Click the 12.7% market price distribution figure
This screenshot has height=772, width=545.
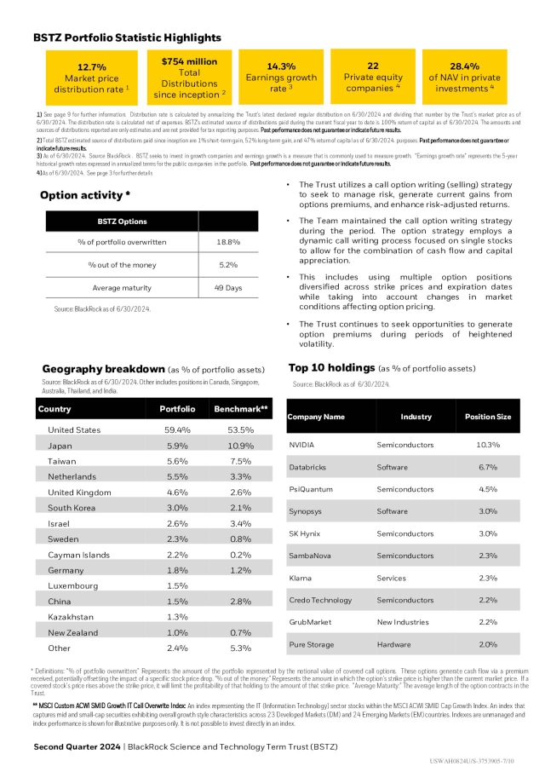(x=91, y=66)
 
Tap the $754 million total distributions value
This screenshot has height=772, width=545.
(x=188, y=61)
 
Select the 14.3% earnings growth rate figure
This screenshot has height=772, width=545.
(x=280, y=66)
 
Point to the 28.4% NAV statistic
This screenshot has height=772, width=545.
(x=465, y=66)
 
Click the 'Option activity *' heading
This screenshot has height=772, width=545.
(x=85, y=195)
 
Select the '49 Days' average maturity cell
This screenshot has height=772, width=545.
(x=227, y=288)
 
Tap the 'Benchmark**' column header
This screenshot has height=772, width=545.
(x=241, y=409)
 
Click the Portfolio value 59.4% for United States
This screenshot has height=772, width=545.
(x=177, y=430)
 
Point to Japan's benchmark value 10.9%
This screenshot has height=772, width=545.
(x=241, y=446)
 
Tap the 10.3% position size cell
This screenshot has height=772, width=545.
(x=488, y=445)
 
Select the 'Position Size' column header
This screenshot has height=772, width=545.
(x=488, y=417)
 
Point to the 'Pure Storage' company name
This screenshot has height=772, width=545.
(x=312, y=644)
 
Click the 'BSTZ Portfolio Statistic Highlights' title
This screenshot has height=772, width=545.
(x=127, y=37)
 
